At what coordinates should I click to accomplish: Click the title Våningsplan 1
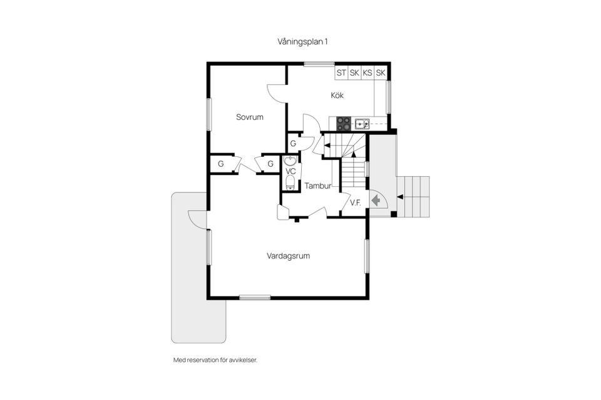[303, 41]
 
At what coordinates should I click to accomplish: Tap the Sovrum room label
[249, 117]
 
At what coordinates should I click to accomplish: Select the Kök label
[337, 96]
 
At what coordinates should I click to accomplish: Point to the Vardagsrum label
[289, 256]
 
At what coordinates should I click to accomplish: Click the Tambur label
[317, 186]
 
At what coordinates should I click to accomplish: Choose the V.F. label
[356, 202]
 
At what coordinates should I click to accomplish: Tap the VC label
[290, 171]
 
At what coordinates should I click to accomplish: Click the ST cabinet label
[341, 73]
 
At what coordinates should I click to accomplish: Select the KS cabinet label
[367, 73]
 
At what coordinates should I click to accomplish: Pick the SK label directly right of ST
[354, 73]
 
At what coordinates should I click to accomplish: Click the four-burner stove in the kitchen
[344, 124]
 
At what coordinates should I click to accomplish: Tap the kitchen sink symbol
[362, 123]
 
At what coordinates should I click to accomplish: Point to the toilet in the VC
[290, 183]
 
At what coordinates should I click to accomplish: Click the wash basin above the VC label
[290, 161]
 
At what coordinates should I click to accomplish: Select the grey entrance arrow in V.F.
[376, 201]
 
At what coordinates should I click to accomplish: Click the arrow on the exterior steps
[400, 197]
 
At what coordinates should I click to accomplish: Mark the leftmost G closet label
[221, 164]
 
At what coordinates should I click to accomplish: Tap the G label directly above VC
[293, 144]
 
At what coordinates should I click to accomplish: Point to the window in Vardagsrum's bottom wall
[255, 297]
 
